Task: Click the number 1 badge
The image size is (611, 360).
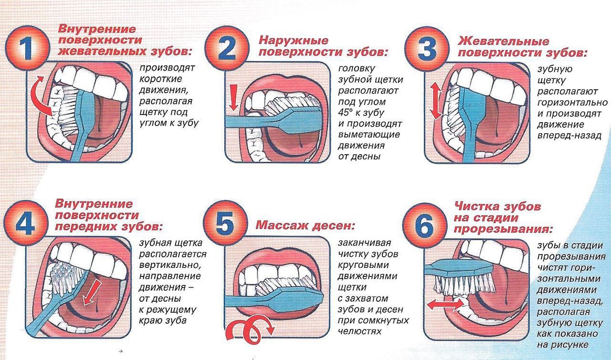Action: point(28,48)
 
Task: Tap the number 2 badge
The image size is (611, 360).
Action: point(227,48)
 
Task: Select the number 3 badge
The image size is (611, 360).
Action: point(427,49)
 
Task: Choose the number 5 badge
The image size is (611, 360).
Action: point(225,222)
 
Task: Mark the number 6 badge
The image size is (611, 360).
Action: point(425,225)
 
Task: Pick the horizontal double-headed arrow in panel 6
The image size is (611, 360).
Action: point(445,304)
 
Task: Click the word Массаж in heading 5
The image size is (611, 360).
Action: point(282,225)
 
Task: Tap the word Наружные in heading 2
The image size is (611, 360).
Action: point(293,41)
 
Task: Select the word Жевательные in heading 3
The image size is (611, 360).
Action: point(503,42)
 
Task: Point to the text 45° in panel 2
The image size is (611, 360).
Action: point(348,113)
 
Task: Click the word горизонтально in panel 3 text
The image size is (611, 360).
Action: point(572,103)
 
